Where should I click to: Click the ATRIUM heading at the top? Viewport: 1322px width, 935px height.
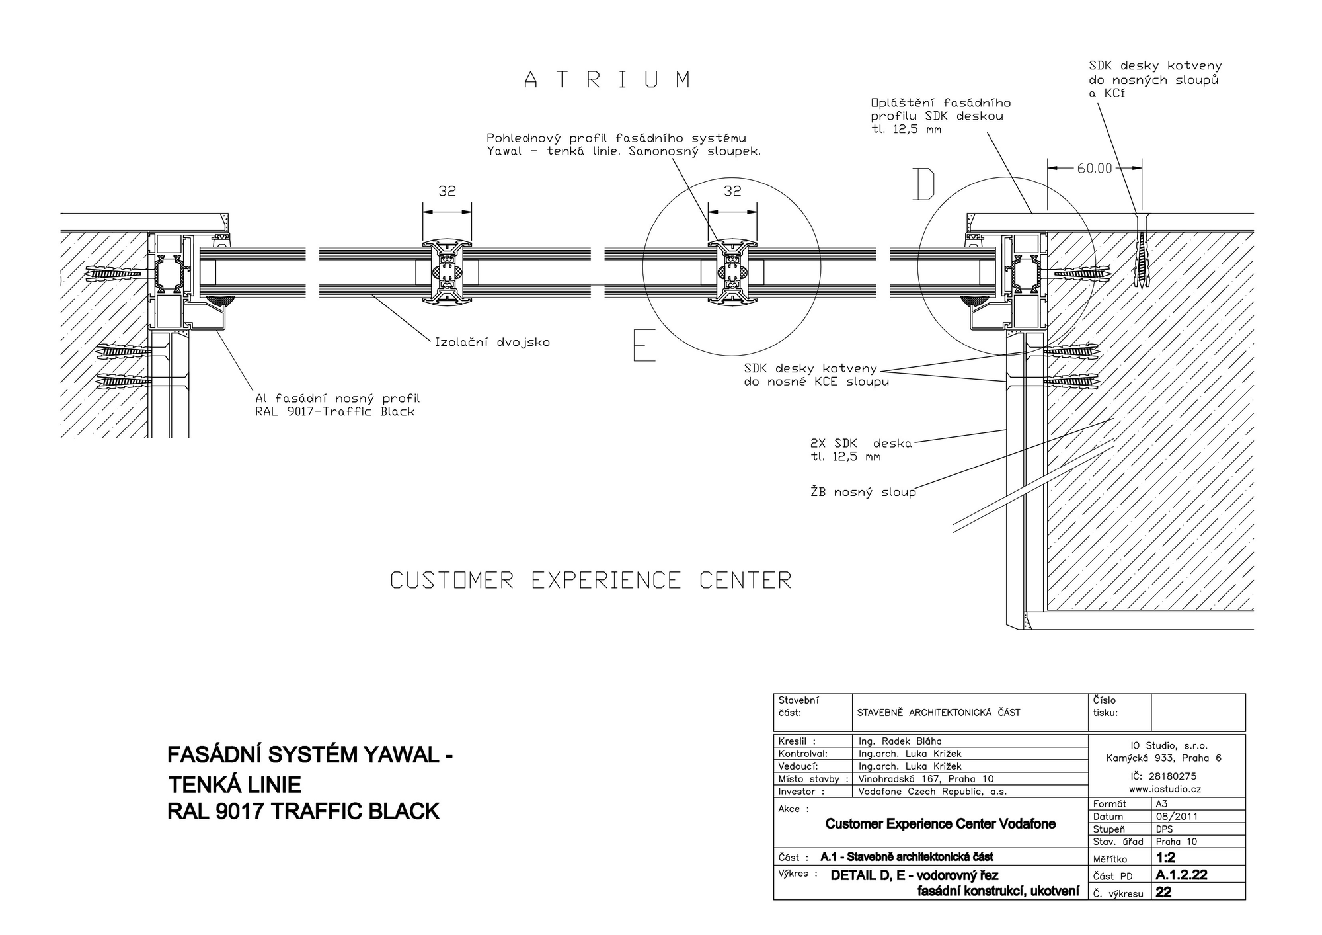click(x=607, y=80)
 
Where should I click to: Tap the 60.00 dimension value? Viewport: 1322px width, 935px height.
click(x=1095, y=169)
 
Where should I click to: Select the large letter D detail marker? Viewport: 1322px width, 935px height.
click(x=924, y=184)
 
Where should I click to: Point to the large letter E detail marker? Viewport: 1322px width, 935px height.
click(x=644, y=345)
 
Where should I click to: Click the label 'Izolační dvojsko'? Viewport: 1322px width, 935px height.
click(x=492, y=343)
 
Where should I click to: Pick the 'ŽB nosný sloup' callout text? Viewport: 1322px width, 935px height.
click(x=863, y=492)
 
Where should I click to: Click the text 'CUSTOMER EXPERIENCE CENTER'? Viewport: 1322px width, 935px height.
click(x=590, y=581)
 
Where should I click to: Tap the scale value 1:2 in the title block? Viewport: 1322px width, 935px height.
click(x=1166, y=858)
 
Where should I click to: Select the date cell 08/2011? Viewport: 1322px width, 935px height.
click(x=1177, y=817)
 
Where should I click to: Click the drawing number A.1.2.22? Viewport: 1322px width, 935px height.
click(x=1182, y=875)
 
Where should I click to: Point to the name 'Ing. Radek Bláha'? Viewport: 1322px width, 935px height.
click(x=900, y=741)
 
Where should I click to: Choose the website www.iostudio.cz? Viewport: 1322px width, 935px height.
click(x=1165, y=789)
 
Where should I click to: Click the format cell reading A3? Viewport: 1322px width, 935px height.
click(x=1161, y=804)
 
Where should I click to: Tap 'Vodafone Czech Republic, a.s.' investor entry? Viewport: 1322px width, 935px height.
click(x=933, y=792)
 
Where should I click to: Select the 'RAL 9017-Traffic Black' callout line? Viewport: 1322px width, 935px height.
click(x=335, y=412)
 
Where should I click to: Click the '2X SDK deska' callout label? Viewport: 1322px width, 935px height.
click(x=861, y=444)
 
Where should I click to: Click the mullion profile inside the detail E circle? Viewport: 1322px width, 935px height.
click(x=732, y=272)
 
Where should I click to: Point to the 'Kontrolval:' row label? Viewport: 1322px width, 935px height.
click(x=803, y=754)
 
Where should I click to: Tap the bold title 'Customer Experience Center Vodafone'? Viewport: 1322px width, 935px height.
click(x=940, y=824)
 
